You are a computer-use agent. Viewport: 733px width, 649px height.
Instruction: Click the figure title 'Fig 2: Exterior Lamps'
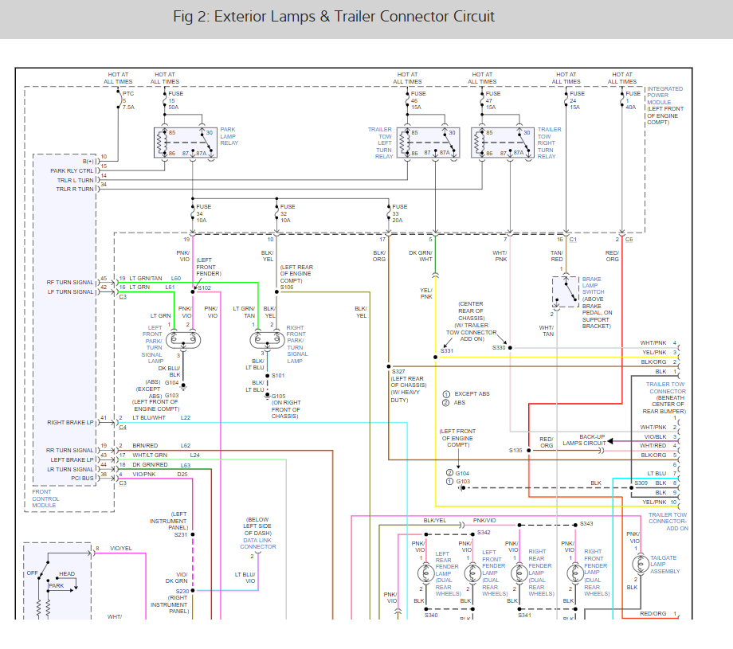[333, 17]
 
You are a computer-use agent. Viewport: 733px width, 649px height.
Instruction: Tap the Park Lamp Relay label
[228, 135]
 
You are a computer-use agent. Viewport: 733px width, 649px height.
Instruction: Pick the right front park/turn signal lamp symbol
[265, 340]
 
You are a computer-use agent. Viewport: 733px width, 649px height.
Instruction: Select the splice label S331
[447, 351]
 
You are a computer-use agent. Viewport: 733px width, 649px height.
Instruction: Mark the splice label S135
[516, 450]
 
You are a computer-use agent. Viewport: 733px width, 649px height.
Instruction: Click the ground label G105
[279, 396]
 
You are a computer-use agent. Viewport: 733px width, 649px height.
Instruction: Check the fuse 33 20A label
[398, 213]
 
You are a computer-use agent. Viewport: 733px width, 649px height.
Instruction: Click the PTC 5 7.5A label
[128, 100]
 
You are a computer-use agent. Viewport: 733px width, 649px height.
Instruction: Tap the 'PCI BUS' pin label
[81, 479]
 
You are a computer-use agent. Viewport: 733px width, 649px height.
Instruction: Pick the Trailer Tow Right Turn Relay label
[549, 143]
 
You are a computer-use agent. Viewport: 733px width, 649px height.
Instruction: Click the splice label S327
[399, 371]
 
